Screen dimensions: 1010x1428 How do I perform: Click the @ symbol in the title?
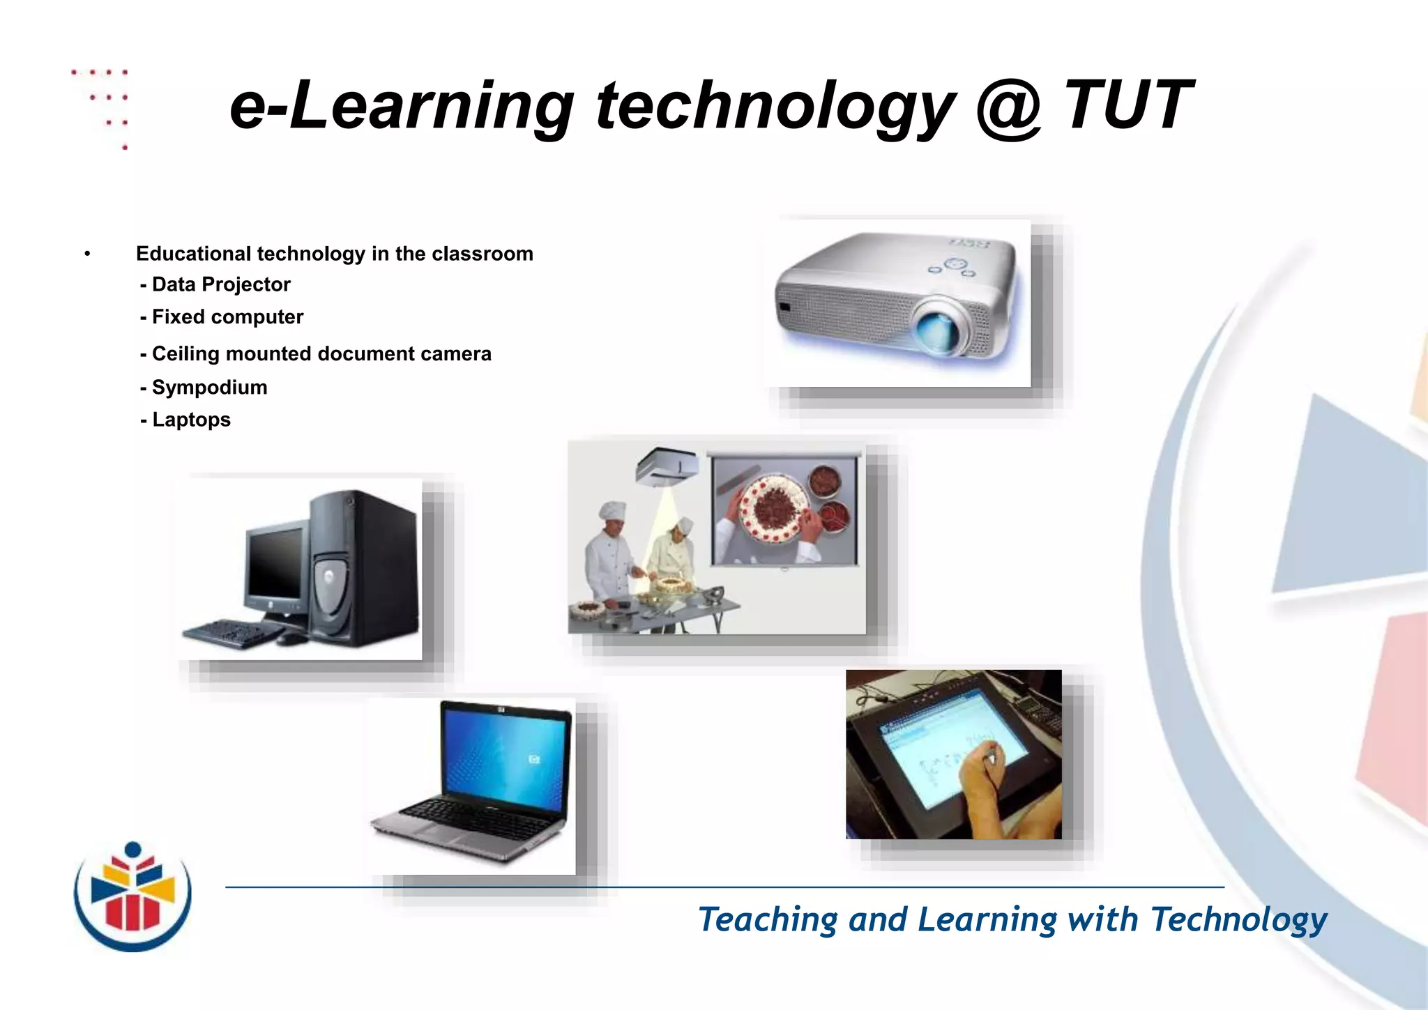click(x=1008, y=108)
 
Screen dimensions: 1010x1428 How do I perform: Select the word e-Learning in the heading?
click(x=402, y=108)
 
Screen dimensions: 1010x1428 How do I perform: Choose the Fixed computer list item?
click(x=222, y=317)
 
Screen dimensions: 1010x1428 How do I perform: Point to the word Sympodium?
click(x=209, y=388)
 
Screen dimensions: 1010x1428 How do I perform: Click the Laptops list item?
click(x=185, y=420)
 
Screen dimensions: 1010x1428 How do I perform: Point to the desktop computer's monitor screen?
click(x=275, y=562)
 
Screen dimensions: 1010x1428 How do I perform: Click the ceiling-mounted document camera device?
click(x=667, y=466)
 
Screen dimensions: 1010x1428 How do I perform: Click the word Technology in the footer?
click(x=1238, y=919)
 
